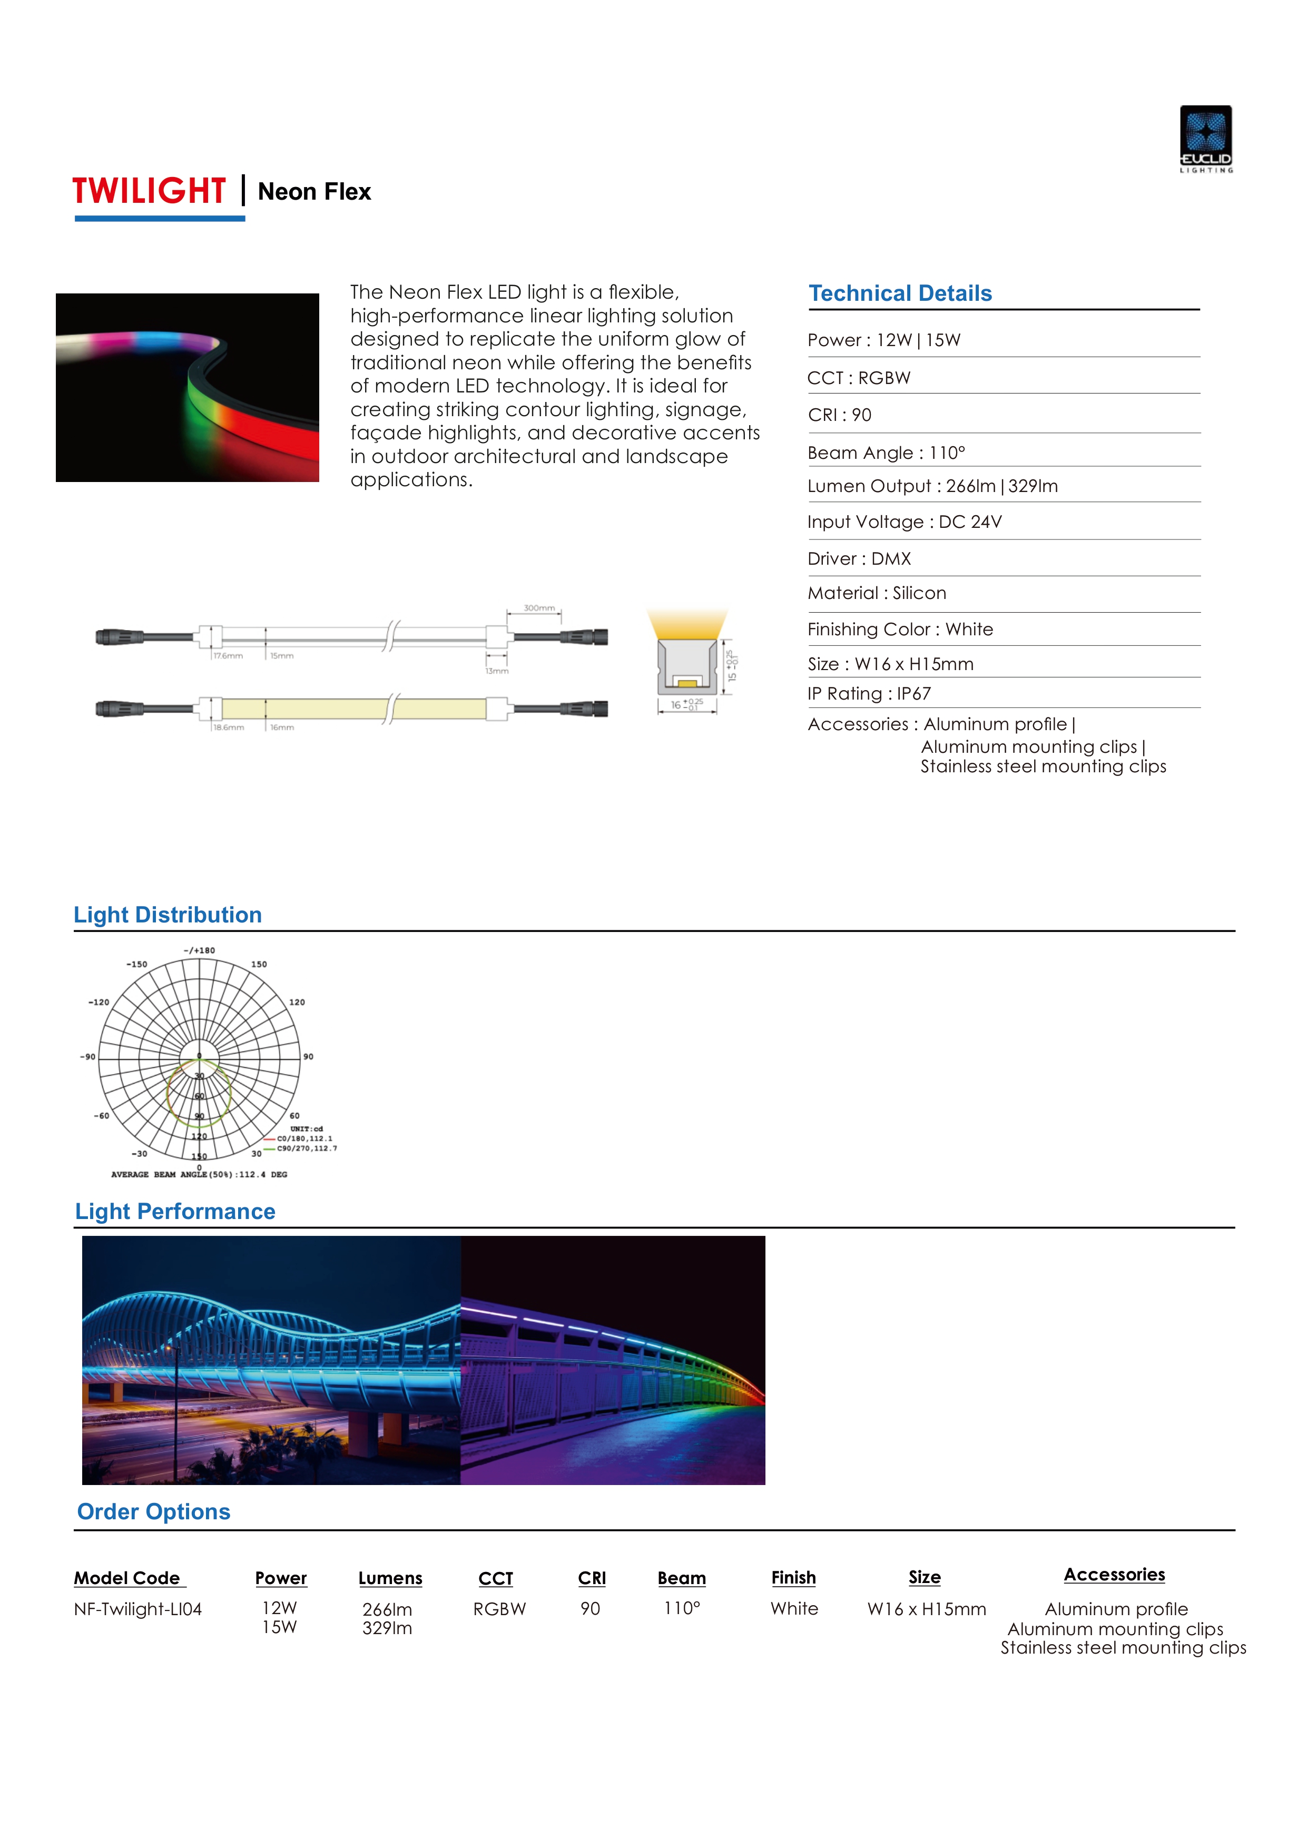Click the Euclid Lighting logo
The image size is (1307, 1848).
(1206, 139)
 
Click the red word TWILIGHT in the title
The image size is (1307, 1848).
(149, 192)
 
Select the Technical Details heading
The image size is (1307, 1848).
(900, 294)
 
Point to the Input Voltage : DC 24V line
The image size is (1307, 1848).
(905, 523)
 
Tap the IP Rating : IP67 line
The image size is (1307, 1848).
(869, 694)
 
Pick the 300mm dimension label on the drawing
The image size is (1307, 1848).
(538, 608)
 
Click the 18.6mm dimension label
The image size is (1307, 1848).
(229, 728)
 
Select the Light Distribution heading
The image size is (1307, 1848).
(168, 915)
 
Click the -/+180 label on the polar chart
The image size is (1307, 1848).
(200, 950)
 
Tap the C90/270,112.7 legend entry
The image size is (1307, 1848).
(307, 1148)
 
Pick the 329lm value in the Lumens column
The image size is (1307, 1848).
(387, 1628)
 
